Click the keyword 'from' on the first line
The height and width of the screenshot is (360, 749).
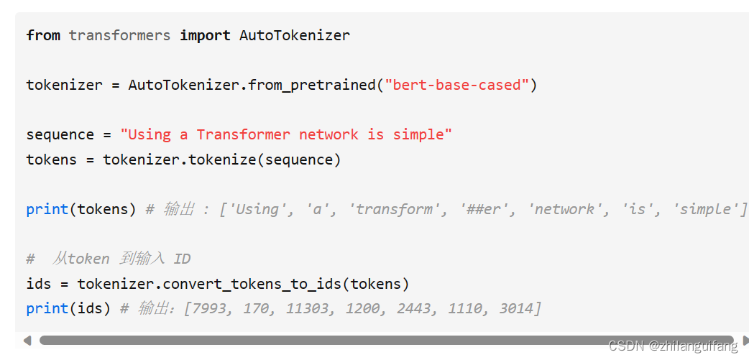pos(43,35)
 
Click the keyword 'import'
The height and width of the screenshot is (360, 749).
pos(205,35)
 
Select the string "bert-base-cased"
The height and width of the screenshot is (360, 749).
pos(457,85)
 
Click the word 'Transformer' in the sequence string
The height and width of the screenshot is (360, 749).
pos(243,134)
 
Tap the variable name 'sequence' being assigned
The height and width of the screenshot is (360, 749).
pos(60,134)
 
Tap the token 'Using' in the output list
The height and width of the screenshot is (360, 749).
pos(256,209)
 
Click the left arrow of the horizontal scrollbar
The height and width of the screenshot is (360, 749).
pos(27,340)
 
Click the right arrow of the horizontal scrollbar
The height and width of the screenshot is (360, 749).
pos(745,340)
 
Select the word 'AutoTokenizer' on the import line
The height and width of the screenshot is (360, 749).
pos(295,35)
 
